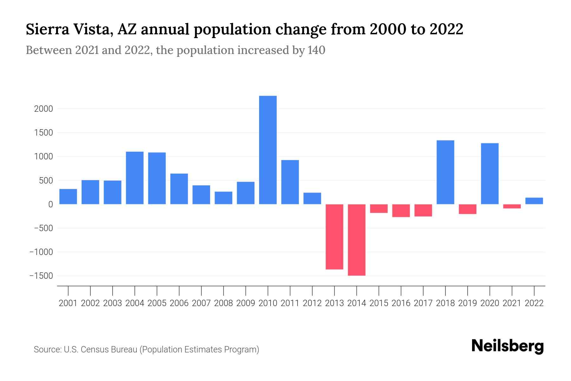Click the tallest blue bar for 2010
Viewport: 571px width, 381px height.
[268, 150]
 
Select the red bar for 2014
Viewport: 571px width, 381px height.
[357, 240]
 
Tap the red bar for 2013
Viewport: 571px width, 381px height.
[334, 237]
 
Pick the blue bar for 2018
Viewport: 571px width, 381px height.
[445, 172]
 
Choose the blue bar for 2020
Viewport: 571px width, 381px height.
[490, 174]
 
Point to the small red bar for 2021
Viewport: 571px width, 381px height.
[512, 206]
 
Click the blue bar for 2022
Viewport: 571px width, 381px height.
[534, 201]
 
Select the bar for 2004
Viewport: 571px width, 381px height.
[135, 178]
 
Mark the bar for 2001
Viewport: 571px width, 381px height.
[68, 197]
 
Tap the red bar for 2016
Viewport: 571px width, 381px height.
[401, 211]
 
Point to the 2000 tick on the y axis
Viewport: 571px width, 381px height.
[43, 109]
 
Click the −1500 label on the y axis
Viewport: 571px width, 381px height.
[41, 276]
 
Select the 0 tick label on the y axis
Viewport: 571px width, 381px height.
[50, 204]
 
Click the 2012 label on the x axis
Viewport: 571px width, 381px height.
[312, 303]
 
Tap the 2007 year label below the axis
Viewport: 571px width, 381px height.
[201, 303]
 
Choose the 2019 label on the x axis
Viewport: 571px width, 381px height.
[468, 303]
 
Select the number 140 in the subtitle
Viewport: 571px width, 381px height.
[316, 50]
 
